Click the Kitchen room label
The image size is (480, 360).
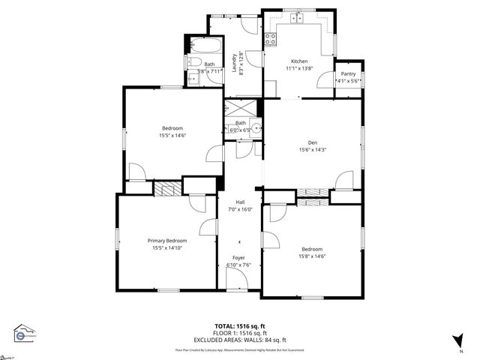[299, 61]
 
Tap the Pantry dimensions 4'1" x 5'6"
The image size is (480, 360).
[348, 81]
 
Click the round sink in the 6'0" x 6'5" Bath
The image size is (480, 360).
[256, 128]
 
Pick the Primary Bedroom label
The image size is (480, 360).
[166, 241]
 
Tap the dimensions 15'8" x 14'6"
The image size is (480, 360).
[312, 256]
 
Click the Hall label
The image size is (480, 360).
[240, 202]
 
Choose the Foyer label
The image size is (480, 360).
[238, 258]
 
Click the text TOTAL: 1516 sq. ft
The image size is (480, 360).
[240, 326]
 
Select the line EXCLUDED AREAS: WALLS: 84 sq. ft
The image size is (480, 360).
[240, 339]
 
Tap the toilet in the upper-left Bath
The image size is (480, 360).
[192, 63]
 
